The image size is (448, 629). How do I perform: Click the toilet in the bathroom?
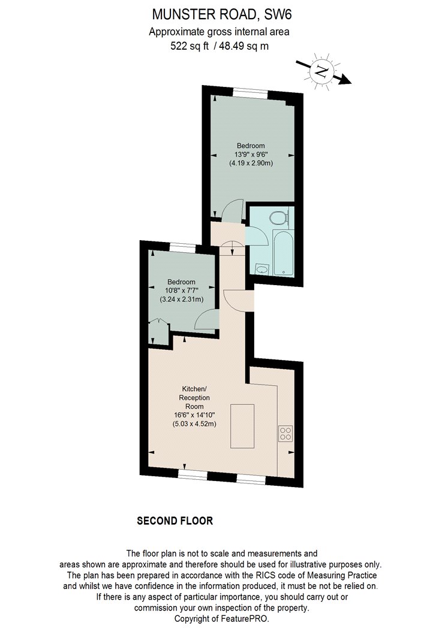pyautogui.click(x=279, y=218)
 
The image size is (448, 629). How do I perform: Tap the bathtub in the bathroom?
pyautogui.click(x=284, y=252)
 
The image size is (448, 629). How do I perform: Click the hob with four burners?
pyautogui.click(x=285, y=434)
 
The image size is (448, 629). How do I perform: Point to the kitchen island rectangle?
pyautogui.click(x=242, y=426)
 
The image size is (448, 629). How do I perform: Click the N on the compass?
pyautogui.click(x=321, y=71)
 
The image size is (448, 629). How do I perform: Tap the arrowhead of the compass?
pyautogui.click(x=344, y=80)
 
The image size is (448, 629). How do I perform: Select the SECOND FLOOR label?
pyautogui.click(x=175, y=521)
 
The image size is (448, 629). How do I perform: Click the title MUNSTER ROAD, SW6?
pyautogui.click(x=222, y=14)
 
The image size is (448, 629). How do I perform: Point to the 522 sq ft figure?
pyautogui.click(x=190, y=46)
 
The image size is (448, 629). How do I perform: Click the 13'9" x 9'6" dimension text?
pyautogui.click(x=251, y=155)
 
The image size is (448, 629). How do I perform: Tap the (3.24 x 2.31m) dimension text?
pyautogui.click(x=182, y=300)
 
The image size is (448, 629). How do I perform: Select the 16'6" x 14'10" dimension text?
pyautogui.click(x=194, y=415)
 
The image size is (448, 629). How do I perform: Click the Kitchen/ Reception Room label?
pyautogui.click(x=194, y=398)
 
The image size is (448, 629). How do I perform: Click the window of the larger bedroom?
pyautogui.click(x=251, y=92)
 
